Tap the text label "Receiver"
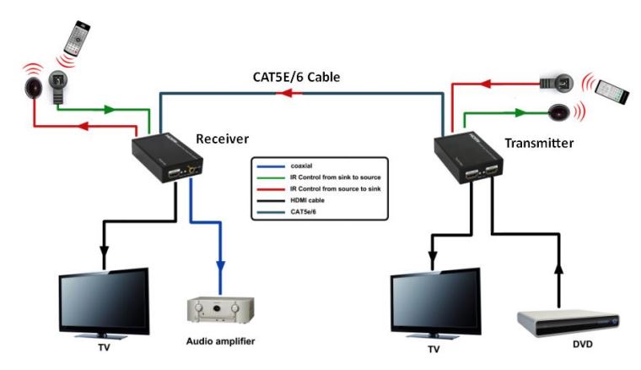pos(223,138)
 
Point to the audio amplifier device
pos(219,313)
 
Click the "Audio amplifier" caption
pos(219,341)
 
